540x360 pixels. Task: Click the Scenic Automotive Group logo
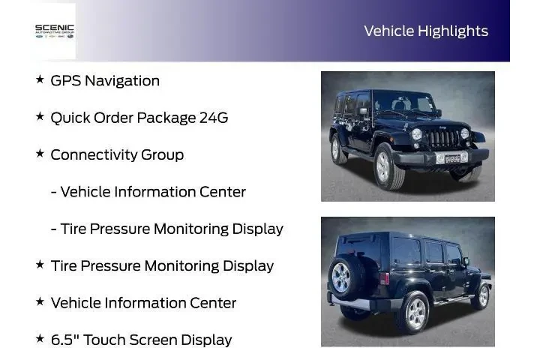pyautogui.click(x=55, y=31)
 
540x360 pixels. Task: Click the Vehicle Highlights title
pyautogui.click(x=425, y=31)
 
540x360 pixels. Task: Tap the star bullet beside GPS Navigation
pyautogui.click(x=40, y=79)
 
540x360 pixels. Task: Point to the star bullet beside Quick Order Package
pyautogui.click(x=40, y=117)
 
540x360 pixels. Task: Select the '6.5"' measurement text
pyautogui.click(x=64, y=339)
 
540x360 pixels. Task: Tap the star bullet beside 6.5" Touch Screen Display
pyautogui.click(x=40, y=339)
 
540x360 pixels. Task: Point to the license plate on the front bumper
pyautogui.click(x=452, y=157)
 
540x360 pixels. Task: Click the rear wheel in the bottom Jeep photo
pyautogui.click(x=413, y=309)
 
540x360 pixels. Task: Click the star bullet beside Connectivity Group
pyautogui.click(x=40, y=154)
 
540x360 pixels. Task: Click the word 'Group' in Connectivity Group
pyautogui.click(x=163, y=154)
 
